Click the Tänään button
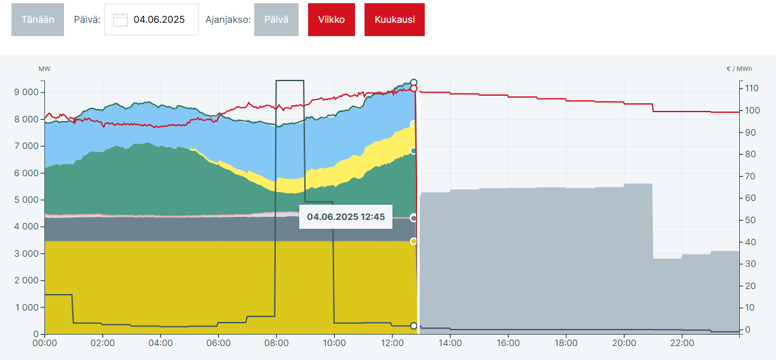tap(37, 20)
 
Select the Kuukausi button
tap(394, 20)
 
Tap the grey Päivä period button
tap(276, 20)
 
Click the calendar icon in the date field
tap(120, 20)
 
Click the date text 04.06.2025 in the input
tap(159, 20)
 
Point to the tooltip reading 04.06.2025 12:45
tap(346, 217)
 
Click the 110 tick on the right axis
tap(753, 88)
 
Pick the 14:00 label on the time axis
tap(450, 343)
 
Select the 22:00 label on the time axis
tap(682, 343)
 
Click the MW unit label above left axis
tap(44, 68)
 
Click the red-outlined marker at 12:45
tap(413, 89)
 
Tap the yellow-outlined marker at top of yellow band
tap(413, 124)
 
